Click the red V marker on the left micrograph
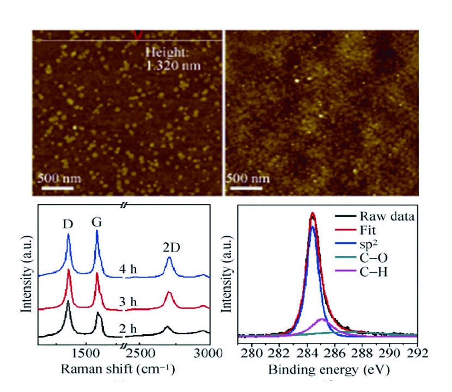[138, 34]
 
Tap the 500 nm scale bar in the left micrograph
[56, 188]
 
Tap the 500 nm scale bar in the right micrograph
[248, 188]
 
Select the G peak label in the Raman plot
[97, 222]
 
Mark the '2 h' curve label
[129, 328]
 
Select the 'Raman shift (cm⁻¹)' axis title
[117, 370]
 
